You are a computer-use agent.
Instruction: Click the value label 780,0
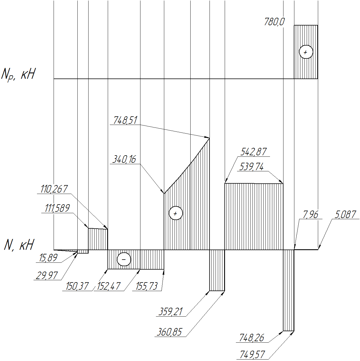tap(274, 22)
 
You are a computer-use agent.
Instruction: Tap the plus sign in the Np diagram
tap(306, 52)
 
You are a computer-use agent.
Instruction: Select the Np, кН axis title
tap(18, 75)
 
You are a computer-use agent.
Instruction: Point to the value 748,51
tap(125, 120)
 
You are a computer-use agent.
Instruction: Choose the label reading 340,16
tap(124, 159)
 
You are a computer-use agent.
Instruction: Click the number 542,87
tap(253, 152)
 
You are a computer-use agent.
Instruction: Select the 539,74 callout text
tap(251, 167)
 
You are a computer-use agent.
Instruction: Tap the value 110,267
tap(54, 189)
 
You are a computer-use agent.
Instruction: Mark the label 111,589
tap(57, 208)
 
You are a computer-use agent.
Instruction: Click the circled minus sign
tap(124, 260)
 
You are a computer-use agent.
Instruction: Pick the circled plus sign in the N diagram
tap(176, 213)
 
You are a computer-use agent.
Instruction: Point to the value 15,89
tap(48, 258)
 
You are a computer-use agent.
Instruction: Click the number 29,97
tap(46, 276)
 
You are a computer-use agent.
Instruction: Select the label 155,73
tap(146, 286)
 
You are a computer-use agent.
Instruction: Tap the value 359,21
tap(171, 312)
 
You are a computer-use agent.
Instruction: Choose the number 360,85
tap(169, 332)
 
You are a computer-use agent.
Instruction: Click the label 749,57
tap(252, 355)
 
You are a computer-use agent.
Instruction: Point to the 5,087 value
tap(345, 215)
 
